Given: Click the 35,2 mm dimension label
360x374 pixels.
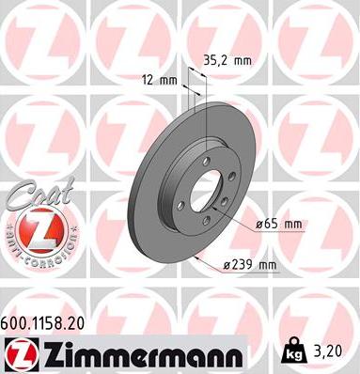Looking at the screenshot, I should point(228,60).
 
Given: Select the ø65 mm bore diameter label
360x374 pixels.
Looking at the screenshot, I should point(280,225).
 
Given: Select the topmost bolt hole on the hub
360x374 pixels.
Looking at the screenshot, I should point(205,161).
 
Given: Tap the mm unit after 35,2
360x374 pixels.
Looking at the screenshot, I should point(243,60).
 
